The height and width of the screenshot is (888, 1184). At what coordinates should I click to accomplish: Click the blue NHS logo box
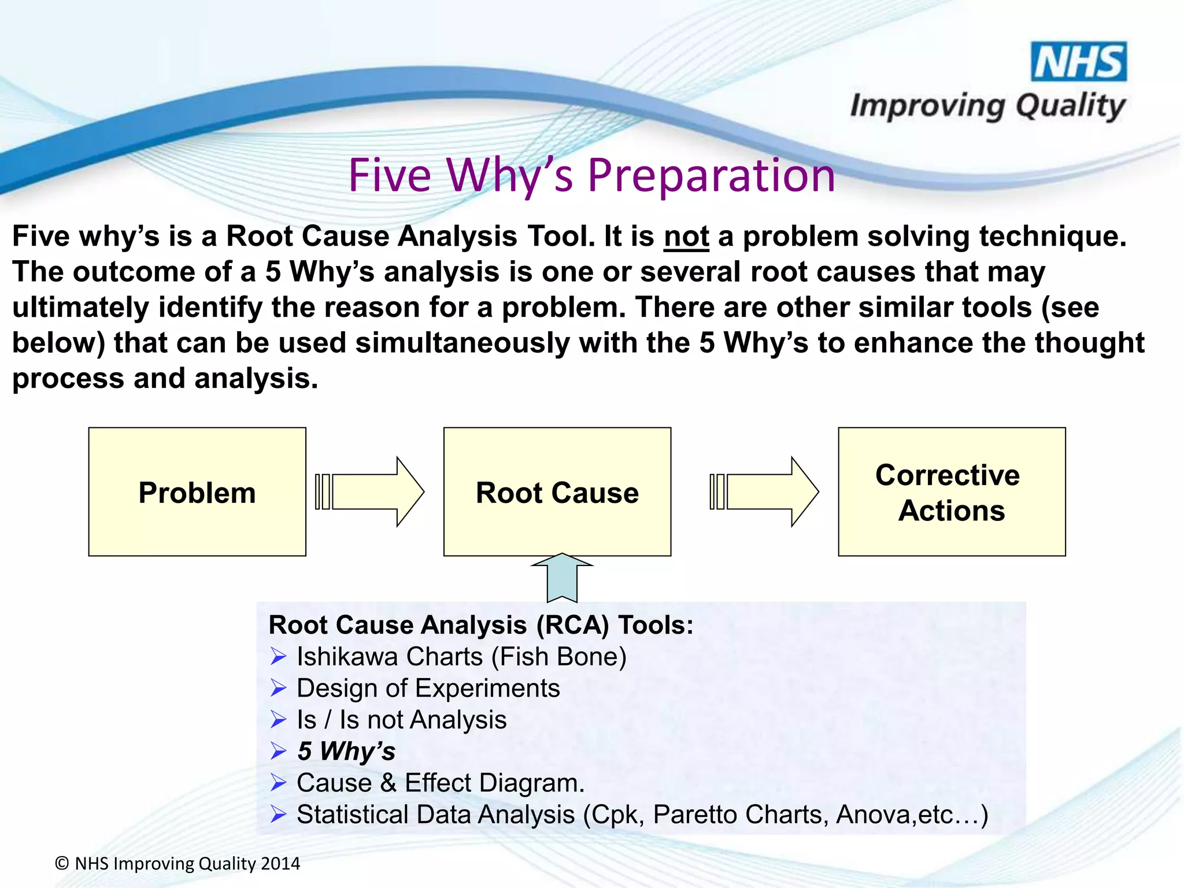point(1079,61)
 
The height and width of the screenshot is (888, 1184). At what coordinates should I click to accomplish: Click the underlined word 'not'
point(686,237)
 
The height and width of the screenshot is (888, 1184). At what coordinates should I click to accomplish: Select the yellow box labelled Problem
point(197,492)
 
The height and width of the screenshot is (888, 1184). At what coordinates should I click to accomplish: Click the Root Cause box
point(557,492)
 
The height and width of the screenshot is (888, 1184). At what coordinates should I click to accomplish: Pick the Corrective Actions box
point(952,492)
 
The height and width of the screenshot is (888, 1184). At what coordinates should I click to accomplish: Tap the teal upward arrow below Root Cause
point(561,578)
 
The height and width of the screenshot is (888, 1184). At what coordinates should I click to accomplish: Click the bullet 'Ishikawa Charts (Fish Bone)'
point(461,657)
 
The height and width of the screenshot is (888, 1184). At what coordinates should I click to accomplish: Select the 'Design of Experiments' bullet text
point(428,689)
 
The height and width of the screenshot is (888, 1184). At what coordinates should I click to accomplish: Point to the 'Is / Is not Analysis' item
point(401,720)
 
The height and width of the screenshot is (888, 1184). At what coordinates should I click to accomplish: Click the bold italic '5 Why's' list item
point(346,752)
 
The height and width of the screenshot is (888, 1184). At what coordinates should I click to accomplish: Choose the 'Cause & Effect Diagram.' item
point(441,783)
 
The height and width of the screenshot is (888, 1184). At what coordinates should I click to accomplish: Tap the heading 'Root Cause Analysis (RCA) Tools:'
point(480,625)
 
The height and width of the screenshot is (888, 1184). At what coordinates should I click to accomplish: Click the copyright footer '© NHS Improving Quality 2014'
point(177,864)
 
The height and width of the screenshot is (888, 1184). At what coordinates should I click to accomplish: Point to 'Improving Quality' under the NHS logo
point(987,106)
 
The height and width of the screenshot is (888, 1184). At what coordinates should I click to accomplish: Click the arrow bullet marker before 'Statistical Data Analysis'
point(279,815)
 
